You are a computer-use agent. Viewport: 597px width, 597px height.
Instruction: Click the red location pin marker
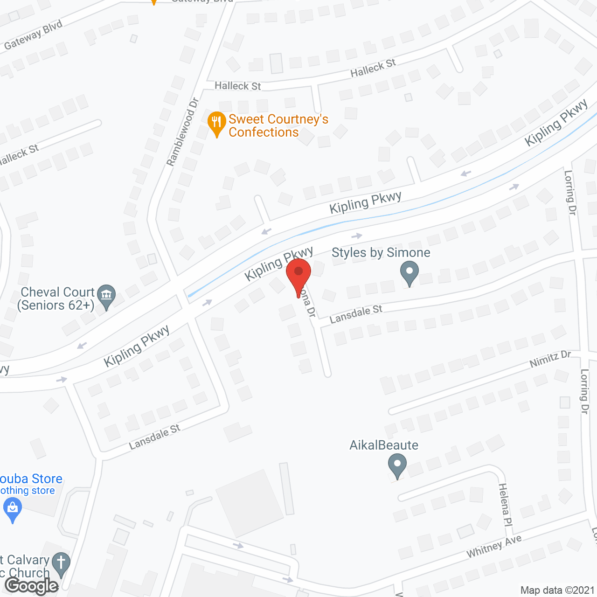[298, 275]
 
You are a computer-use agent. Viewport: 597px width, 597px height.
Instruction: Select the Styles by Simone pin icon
[410, 273]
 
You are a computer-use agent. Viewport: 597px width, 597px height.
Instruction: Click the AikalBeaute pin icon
[397, 466]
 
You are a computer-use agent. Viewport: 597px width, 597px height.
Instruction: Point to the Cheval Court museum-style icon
[107, 296]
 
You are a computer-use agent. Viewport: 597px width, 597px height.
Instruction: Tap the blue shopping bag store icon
[13, 509]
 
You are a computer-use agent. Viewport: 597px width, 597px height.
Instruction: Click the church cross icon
[61, 564]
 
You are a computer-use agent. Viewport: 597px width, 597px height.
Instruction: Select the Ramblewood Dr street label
[183, 132]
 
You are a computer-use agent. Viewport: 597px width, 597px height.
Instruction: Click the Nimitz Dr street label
[550, 359]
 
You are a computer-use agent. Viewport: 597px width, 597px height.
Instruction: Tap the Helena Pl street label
[505, 505]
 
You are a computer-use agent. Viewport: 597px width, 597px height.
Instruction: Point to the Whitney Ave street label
[494, 546]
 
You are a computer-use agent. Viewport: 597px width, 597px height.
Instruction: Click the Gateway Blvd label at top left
[33, 35]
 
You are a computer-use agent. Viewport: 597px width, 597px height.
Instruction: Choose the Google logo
[32, 586]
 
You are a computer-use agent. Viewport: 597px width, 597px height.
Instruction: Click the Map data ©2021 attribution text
[557, 590]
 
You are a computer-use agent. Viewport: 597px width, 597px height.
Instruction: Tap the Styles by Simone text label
[381, 253]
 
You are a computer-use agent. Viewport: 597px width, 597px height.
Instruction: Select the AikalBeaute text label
[384, 445]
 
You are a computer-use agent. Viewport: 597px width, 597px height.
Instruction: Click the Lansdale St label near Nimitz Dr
[356, 314]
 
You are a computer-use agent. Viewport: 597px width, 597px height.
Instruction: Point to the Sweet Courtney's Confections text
[278, 126]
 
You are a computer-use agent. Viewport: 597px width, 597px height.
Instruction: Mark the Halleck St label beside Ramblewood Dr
[237, 86]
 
